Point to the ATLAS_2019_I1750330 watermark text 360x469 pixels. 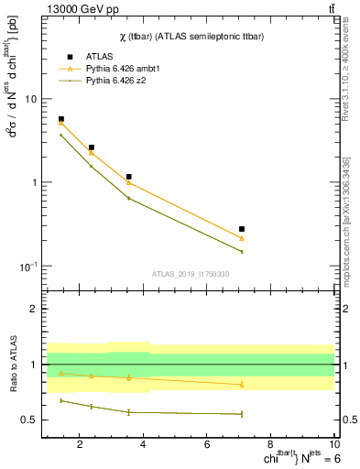click(x=191, y=274)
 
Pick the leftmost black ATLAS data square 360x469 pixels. click(x=61, y=119)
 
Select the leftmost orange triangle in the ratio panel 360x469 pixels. click(x=61, y=373)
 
